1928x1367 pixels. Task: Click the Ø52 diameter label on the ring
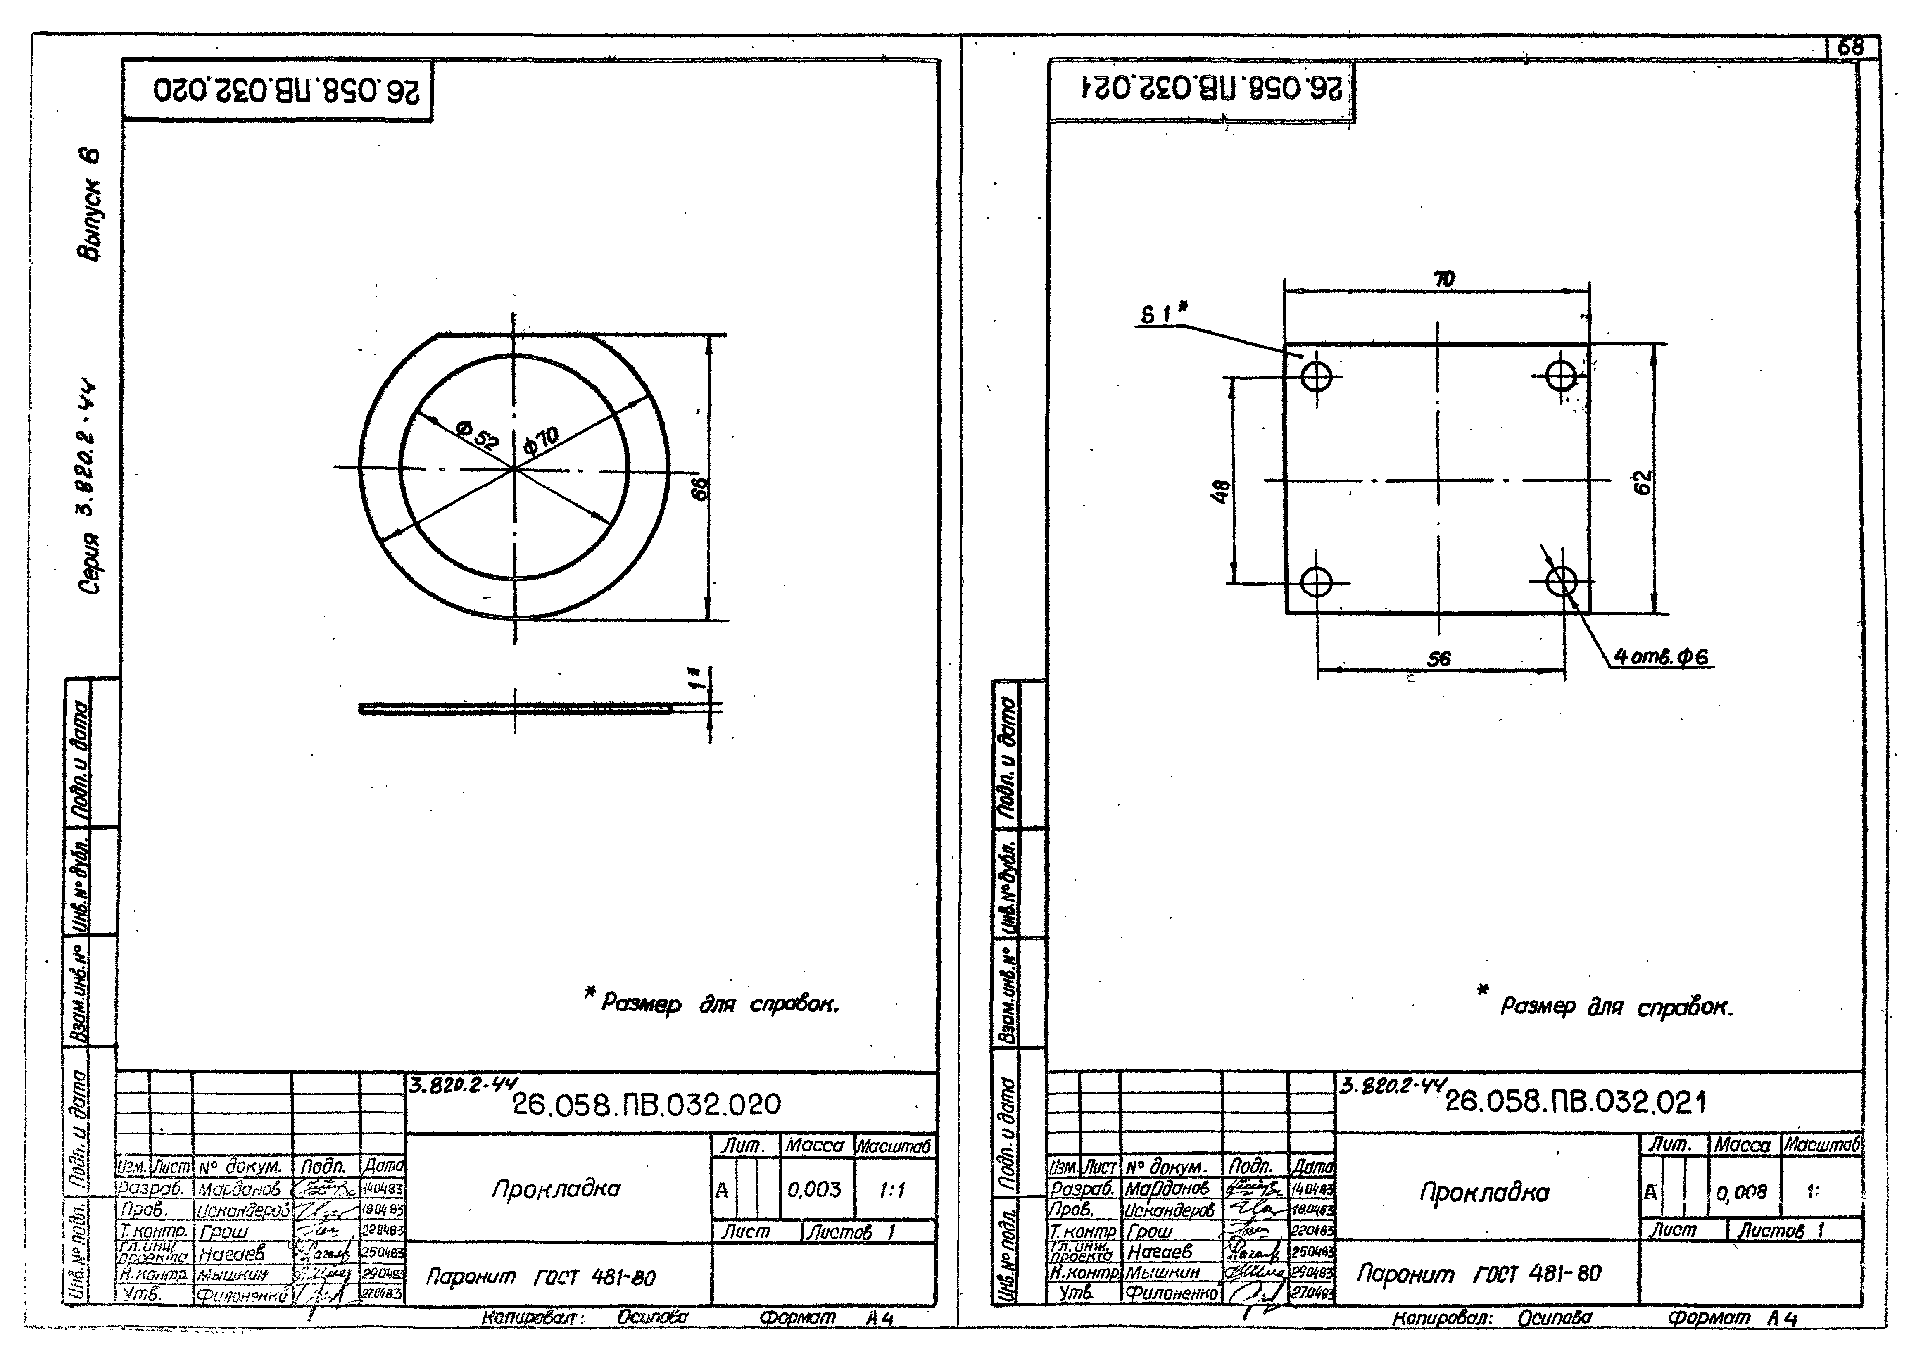[x=478, y=435]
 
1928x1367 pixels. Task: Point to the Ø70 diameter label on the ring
[x=541, y=440]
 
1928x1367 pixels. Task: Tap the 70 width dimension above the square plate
[x=1444, y=278]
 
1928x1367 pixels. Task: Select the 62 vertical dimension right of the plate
[x=1643, y=483]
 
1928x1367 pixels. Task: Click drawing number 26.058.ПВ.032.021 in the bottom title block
[x=1575, y=1102]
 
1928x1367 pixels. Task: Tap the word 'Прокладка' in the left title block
[x=556, y=1189]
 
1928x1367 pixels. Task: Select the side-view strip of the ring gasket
[x=515, y=709]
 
